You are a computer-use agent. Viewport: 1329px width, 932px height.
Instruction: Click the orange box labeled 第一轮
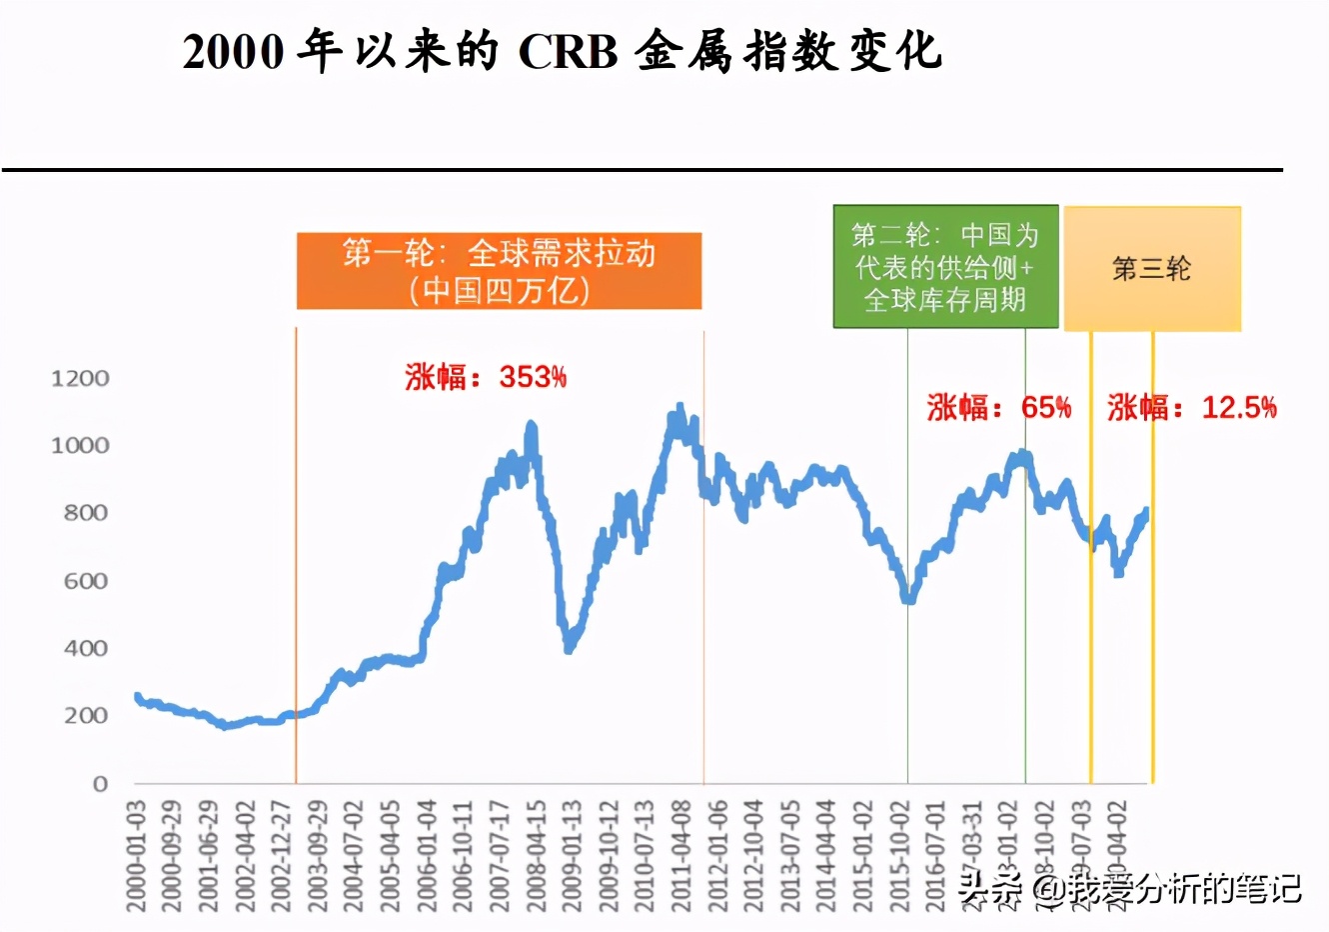click(499, 271)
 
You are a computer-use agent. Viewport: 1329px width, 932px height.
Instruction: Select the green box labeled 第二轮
click(945, 267)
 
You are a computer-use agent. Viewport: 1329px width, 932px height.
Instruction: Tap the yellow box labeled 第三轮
click(1152, 269)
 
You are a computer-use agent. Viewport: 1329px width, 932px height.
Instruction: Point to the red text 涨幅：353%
click(486, 377)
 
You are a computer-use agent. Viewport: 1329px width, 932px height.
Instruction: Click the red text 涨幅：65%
click(998, 407)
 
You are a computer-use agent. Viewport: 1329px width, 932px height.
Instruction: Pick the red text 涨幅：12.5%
click(1191, 407)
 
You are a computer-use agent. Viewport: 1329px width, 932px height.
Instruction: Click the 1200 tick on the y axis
click(80, 378)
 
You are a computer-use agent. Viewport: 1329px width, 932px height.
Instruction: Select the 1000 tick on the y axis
click(80, 445)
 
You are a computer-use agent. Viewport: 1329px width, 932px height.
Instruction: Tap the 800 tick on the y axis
click(85, 513)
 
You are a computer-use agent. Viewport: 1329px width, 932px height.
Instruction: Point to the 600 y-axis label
click(85, 581)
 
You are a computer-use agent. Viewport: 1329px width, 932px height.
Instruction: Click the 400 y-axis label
click(85, 648)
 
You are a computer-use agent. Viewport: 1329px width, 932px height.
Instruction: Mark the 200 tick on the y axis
click(85, 716)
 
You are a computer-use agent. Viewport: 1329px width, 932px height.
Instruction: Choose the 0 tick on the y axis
click(100, 784)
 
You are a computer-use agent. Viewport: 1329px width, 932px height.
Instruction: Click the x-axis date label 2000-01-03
click(137, 856)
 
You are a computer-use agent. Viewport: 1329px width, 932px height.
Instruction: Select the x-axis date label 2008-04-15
click(537, 856)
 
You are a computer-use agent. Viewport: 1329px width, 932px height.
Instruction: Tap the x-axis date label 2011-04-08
click(681, 856)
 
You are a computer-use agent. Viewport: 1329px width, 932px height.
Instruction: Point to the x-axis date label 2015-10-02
click(900, 856)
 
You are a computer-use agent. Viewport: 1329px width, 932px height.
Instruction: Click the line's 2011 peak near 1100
click(680, 408)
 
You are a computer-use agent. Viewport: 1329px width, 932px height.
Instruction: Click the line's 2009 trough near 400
click(569, 648)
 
